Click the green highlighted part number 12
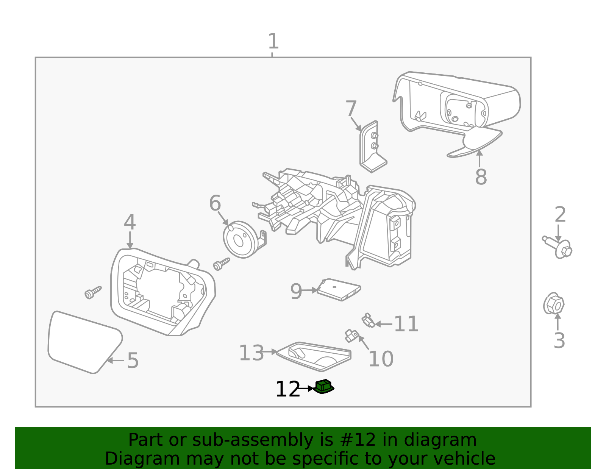324,387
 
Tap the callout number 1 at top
273,41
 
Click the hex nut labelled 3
554,304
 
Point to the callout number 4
130,222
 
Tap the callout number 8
481,177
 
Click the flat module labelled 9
338,290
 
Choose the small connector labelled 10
352,335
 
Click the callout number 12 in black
287,389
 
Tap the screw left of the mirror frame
93,292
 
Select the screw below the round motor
222,264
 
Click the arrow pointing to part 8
479,157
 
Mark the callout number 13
251,353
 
